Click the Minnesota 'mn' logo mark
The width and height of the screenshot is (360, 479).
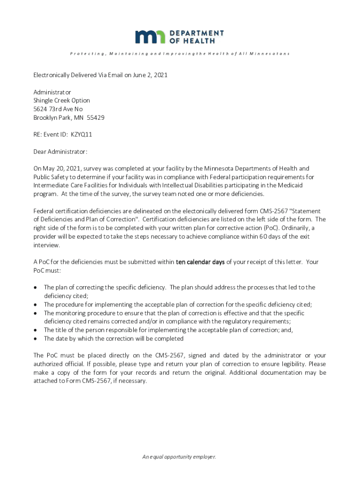tap(150, 37)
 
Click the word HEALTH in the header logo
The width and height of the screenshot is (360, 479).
tap(199, 41)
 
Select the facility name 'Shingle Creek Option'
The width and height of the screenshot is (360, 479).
tap(61, 101)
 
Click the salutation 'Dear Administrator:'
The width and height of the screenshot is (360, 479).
tap(60, 152)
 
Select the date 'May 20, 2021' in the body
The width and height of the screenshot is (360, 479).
tap(61, 168)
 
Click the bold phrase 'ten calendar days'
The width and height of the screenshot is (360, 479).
tap(200, 262)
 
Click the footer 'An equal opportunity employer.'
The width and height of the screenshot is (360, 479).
tap(179, 457)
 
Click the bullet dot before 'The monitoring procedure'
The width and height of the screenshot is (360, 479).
tap(35, 313)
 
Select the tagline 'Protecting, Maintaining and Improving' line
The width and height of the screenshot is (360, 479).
tap(180, 54)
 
